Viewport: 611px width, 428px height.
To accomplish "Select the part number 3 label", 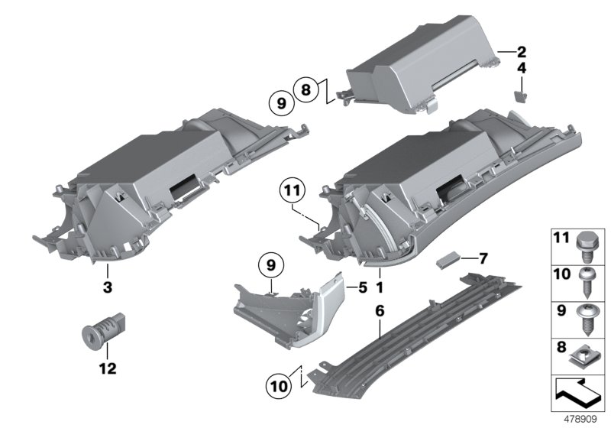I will pos(108,287).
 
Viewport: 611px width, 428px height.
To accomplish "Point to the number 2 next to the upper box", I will pos(520,53).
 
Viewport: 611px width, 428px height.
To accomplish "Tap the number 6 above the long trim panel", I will pos(380,311).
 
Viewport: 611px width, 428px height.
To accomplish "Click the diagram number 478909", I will pos(582,420).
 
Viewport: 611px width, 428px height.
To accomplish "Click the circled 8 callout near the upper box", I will pos(305,90).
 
